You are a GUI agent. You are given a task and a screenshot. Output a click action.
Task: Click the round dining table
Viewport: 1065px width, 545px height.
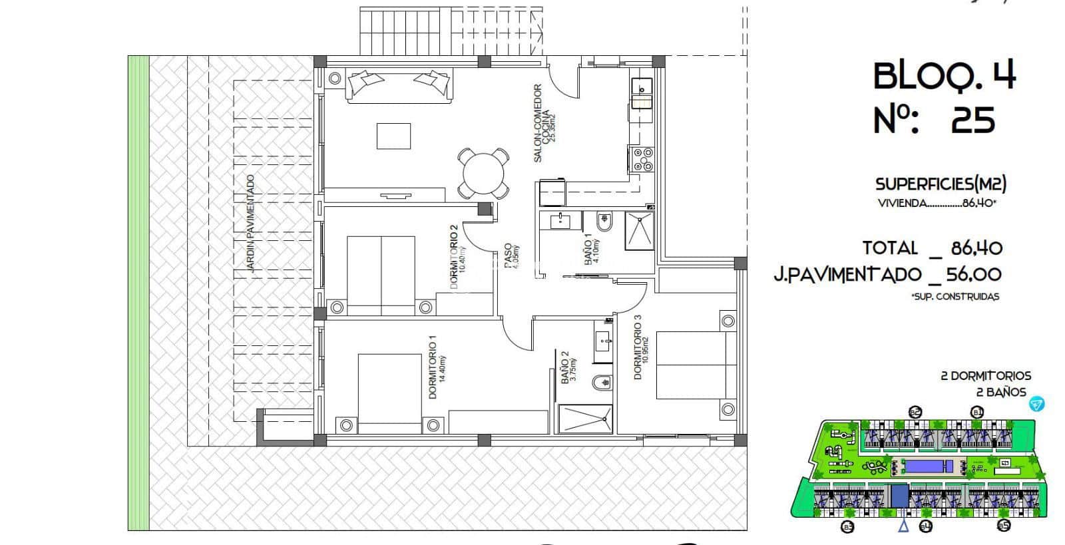(484, 172)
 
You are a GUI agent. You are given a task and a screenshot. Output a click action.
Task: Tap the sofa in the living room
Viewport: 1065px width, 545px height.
(399, 86)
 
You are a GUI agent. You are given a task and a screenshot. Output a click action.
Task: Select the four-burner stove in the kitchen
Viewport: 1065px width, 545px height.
(642, 160)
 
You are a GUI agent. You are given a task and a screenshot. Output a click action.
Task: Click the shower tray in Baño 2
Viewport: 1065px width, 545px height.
(585, 419)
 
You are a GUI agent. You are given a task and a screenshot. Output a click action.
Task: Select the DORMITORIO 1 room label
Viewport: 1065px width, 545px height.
(432, 367)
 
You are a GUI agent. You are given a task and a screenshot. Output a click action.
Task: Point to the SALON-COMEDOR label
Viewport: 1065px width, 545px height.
(538, 122)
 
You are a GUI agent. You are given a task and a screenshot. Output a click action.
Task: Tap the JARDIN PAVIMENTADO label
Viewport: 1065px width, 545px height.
(250, 224)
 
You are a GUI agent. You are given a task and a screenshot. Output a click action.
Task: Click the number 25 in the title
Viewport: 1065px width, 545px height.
(973, 120)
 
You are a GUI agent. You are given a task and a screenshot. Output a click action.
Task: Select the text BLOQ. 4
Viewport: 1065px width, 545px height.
(944, 77)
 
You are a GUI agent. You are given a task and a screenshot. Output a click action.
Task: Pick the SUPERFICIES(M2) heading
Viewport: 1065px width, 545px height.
(940, 184)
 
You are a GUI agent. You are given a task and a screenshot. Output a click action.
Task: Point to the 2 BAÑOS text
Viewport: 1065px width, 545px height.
(996, 393)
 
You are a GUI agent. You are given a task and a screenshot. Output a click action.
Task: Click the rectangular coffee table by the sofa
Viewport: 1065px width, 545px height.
(394, 136)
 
